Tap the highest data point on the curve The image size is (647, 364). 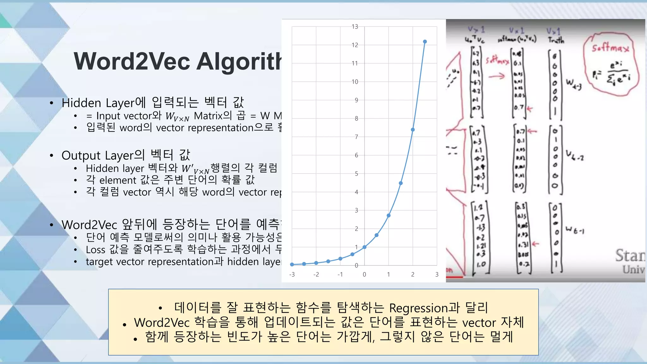[425, 42]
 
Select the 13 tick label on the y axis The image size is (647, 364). [355, 27]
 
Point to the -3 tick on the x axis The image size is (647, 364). [292, 275]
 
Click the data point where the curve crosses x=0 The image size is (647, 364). [365, 247]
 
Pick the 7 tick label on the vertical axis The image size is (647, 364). [356, 137]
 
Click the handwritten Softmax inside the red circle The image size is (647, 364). [610, 48]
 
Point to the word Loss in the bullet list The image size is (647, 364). [95, 250]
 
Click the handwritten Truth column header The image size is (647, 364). [556, 40]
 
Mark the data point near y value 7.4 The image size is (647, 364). [413, 130]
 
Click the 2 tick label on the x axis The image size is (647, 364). [413, 275]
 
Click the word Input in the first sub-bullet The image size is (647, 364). [110, 116]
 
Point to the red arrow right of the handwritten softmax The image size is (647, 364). [497, 76]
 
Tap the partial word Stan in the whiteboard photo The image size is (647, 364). [629, 255]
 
